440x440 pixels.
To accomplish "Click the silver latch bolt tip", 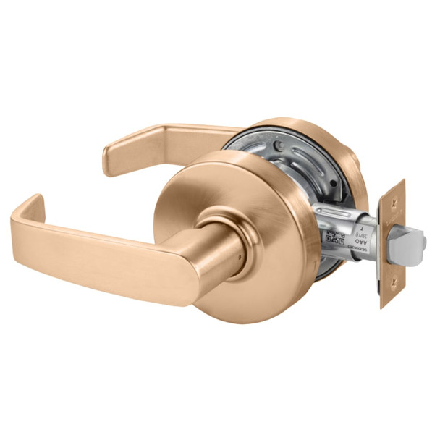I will click(x=410, y=247).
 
